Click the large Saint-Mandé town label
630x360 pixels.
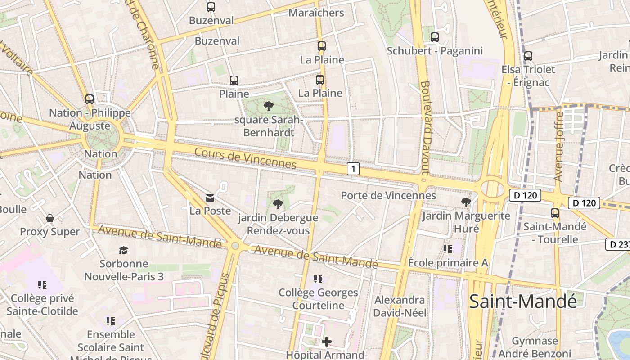click(522, 301)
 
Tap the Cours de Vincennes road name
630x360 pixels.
click(245, 159)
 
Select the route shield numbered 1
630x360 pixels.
click(354, 169)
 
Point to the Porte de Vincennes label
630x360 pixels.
click(388, 195)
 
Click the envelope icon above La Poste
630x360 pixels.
click(210, 198)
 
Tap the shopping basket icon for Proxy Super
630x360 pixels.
click(50, 218)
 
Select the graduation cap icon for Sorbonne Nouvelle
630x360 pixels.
click(123, 250)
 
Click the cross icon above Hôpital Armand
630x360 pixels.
click(327, 342)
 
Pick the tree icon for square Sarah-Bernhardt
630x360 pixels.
click(269, 106)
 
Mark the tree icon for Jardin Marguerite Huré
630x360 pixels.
click(466, 202)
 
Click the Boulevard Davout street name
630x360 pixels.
click(425, 127)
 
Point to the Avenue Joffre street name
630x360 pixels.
click(559, 146)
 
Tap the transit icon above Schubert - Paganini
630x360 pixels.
click(435, 37)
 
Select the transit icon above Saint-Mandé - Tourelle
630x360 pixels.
click(555, 213)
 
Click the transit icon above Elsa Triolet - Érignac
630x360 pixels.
click(528, 56)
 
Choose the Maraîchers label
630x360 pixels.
click(316, 13)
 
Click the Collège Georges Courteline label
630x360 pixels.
click(318, 299)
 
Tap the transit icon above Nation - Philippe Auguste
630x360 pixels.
click(90, 99)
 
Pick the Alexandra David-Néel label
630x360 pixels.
click(400, 306)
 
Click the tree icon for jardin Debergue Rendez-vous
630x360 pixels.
click(278, 204)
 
